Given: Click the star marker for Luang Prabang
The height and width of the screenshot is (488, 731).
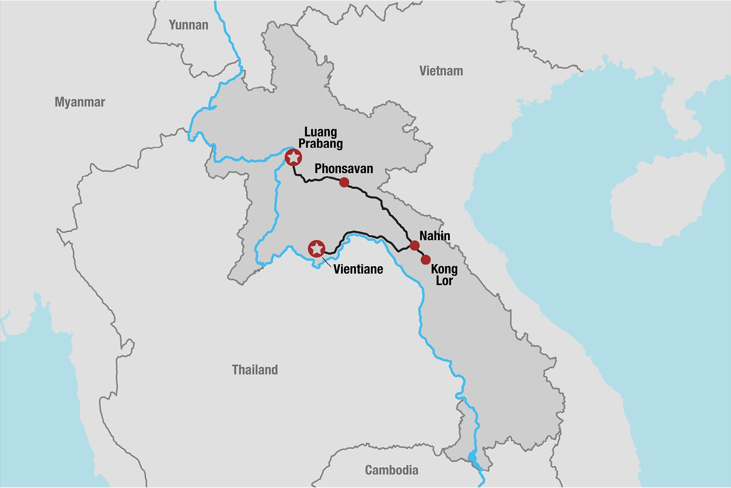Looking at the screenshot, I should click(293, 158).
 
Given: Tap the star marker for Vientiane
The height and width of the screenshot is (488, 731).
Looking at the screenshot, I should click(316, 248).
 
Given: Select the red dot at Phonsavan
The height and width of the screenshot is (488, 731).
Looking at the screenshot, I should click(344, 183).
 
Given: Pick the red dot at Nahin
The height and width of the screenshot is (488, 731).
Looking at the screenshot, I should click(414, 245).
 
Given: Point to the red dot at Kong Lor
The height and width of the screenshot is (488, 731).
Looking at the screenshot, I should click(425, 259).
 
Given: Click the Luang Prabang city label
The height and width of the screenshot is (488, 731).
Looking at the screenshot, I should click(321, 137).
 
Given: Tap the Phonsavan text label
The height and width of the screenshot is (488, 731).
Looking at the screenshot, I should click(344, 169).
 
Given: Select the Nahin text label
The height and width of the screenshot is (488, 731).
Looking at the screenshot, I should click(434, 235).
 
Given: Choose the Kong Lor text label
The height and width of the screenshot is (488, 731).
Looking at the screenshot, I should click(444, 275).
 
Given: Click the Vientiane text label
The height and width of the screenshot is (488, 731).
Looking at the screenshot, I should click(358, 269).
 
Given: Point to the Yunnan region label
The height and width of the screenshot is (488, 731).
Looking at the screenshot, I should click(189, 25).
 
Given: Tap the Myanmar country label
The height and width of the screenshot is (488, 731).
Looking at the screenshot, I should click(80, 102).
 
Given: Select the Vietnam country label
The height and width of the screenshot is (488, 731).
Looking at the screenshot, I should click(441, 71).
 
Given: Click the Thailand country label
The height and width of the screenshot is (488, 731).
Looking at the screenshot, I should click(255, 370).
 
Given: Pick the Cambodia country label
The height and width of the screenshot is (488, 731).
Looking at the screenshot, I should click(392, 470).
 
